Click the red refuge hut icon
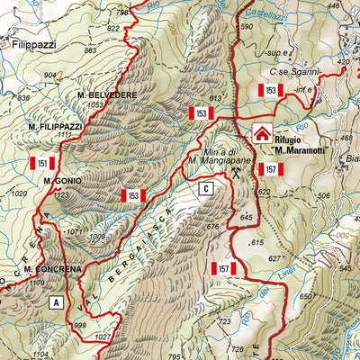click(x=262, y=134)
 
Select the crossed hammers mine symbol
click(x=235, y=171)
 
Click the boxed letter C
click(x=206, y=188)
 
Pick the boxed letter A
click(x=57, y=302)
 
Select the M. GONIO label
click(x=63, y=181)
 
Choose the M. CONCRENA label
click(x=53, y=269)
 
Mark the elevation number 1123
click(x=61, y=193)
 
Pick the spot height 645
click(x=248, y=216)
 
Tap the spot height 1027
click(x=102, y=337)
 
